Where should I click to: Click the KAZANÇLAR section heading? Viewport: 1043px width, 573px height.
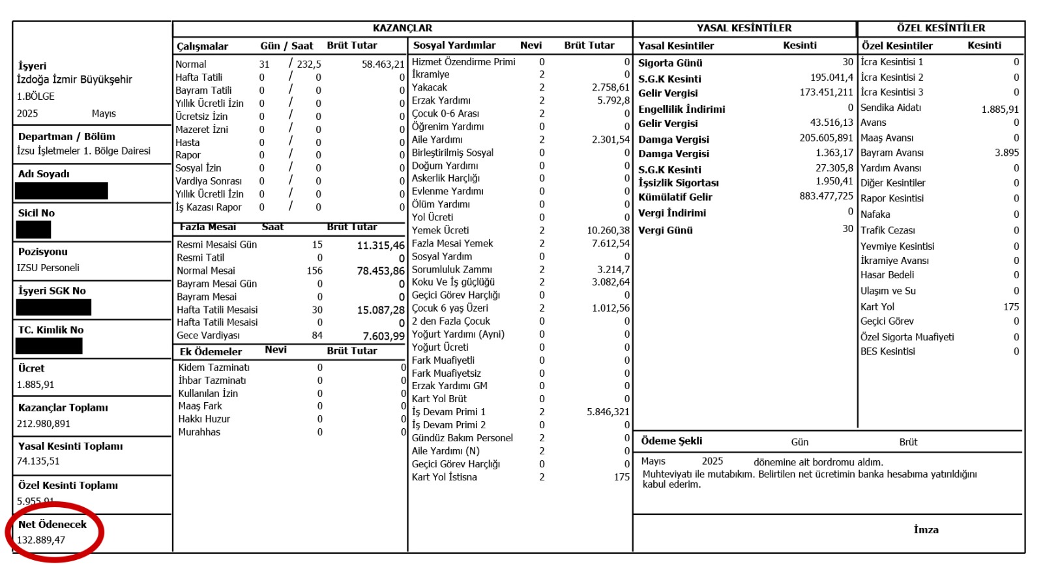pyautogui.click(x=402, y=28)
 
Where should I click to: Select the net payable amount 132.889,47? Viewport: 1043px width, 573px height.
pyautogui.click(x=41, y=540)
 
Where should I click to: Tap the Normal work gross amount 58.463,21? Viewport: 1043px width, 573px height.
pyautogui.click(x=383, y=64)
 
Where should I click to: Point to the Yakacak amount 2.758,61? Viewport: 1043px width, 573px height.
pyautogui.click(x=610, y=87)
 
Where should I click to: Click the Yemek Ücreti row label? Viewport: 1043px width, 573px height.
pyautogui.click(x=440, y=230)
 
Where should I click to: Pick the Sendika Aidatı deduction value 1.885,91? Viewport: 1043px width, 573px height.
pyautogui.click(x=999, y=110)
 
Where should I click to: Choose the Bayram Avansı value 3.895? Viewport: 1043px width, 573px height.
pyautogui.click(x=1006, y=153)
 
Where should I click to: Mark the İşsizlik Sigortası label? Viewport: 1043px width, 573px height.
pyautogui.click(x=678, y=183)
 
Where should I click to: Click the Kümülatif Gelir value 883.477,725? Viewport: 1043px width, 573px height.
pyautogui.click(x=826, y=196)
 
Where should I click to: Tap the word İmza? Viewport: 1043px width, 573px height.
pyautogui.click(x=926, y=530)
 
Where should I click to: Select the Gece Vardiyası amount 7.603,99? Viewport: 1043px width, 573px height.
pyautogui.click(x=383, y=336)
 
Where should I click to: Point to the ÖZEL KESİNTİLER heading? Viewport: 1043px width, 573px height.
pyautogui.click(x=941, y=28)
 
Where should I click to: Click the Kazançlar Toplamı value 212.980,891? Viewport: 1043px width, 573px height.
pyautogui.click(x=44, y=424)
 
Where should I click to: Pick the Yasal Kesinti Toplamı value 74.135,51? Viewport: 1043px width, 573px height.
pyautogui.click(x=38, y=461)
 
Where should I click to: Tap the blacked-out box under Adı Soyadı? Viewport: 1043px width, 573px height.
pyautogui.click(x=61, y=191)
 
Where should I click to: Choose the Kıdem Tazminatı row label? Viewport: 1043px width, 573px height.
pyautogui.click(x=214, y=368)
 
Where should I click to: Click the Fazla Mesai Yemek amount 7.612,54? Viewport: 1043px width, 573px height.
pyautogui.click(x=610, y=243)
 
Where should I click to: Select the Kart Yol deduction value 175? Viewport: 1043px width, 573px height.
pyautogui.click(x=1010, y=306)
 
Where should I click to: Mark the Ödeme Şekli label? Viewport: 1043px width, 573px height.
pyautogui.click(x=671, y=441)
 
